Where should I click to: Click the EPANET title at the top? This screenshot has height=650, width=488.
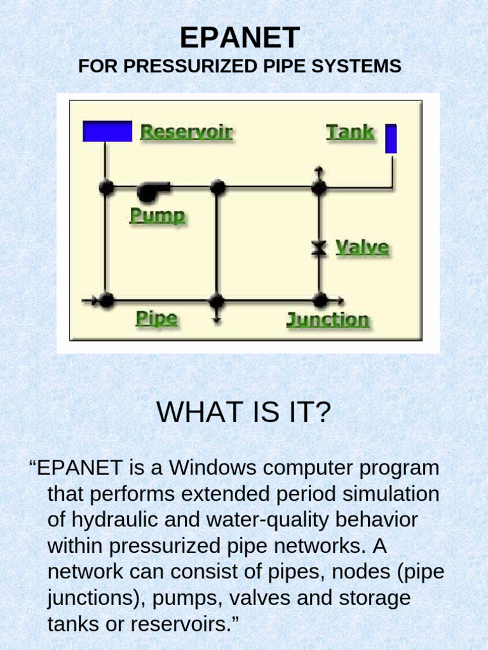tap(240, 38)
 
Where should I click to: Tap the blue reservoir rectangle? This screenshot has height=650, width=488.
tap(107, 131)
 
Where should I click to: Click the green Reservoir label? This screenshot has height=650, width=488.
tap(186, 132)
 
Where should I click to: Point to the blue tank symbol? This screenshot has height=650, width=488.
tap(391, 138)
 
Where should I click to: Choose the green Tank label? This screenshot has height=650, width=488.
tap(350, 132)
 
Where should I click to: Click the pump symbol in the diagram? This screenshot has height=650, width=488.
tap(153, 189)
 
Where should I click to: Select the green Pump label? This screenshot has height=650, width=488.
tap(158, 216)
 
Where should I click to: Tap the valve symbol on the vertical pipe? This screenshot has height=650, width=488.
tap(319, 248)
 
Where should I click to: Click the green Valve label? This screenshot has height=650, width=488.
tap(362, 247)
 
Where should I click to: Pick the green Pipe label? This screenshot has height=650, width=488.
tap(156, 318)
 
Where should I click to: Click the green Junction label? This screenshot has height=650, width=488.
tap(327, 319)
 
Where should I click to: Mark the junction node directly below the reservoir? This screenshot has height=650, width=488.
tap(107, 187)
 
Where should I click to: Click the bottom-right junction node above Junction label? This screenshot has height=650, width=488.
tap(320, 300)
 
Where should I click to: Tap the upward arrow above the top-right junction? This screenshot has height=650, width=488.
tap(319, 171)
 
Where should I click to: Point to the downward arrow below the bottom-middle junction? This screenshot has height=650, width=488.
tap(217, 319)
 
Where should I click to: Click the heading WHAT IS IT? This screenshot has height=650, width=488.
tap(244, 413)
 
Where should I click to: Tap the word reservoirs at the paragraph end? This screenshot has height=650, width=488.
tap(182, 624)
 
